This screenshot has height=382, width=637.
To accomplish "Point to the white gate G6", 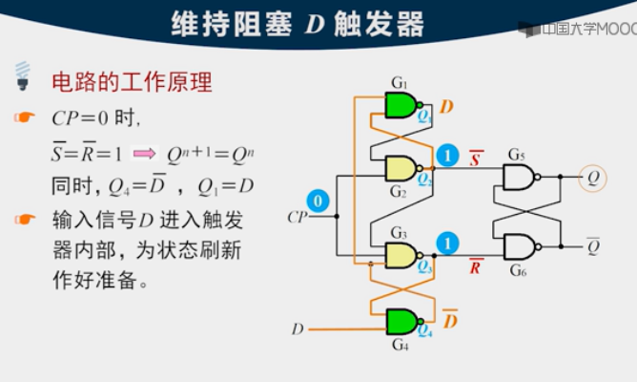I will click(x=521, y=246).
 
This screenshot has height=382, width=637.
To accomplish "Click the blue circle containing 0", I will click(x=320, y=201).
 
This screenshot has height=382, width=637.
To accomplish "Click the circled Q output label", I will click(x=593, y=177).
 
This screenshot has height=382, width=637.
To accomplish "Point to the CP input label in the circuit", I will click(x=298, y=217).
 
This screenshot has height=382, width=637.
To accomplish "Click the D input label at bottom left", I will click(x=298, y=329).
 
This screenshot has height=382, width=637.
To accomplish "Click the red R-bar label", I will click(x=475, y=266).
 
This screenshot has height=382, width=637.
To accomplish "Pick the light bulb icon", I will click(x=22, y=74).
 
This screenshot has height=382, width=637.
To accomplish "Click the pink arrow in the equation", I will click(x=144, y=153).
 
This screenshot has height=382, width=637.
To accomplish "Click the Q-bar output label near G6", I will click(x=593, y=246).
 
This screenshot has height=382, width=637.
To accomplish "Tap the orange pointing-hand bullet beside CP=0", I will click(x=24, y=118).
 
